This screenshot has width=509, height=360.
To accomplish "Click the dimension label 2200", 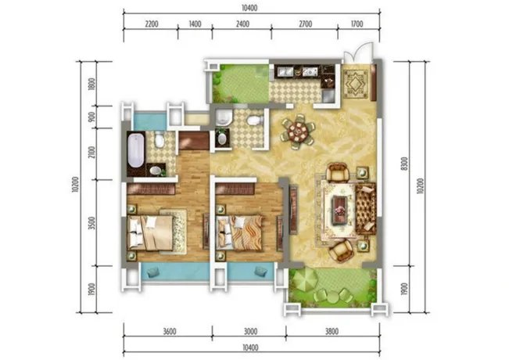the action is click(x=152, y=24).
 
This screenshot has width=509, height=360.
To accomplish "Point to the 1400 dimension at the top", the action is click(x=195, y=24).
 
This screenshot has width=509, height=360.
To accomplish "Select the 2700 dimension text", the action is click(x=306, y=24).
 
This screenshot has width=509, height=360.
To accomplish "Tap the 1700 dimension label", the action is click(x=357, y=24).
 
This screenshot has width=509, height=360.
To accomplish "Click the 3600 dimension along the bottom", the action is click(x=170, y=331).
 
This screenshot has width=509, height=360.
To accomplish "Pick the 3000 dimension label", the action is click(x=250, y=331).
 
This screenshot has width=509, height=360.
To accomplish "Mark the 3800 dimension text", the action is click(x=332, y=331).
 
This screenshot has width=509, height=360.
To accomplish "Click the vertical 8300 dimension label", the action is click(x=403, y=164).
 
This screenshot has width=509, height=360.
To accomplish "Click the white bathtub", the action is click(x=136, y=150).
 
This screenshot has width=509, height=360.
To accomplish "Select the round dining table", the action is click(x=298, y=131).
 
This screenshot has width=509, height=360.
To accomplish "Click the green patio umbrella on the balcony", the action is click(x=303, y=279).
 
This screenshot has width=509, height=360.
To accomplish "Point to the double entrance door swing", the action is click(x=357, y=53).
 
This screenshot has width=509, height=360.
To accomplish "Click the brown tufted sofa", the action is click(x=366, y=208).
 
